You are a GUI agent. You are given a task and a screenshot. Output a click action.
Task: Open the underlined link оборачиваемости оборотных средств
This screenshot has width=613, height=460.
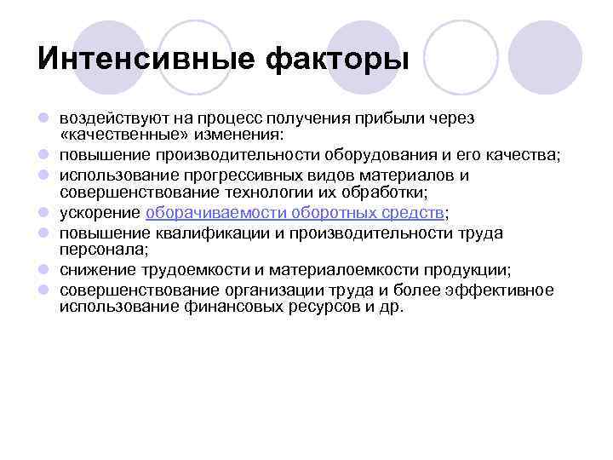pyautogui.click(x=295, y=213)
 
